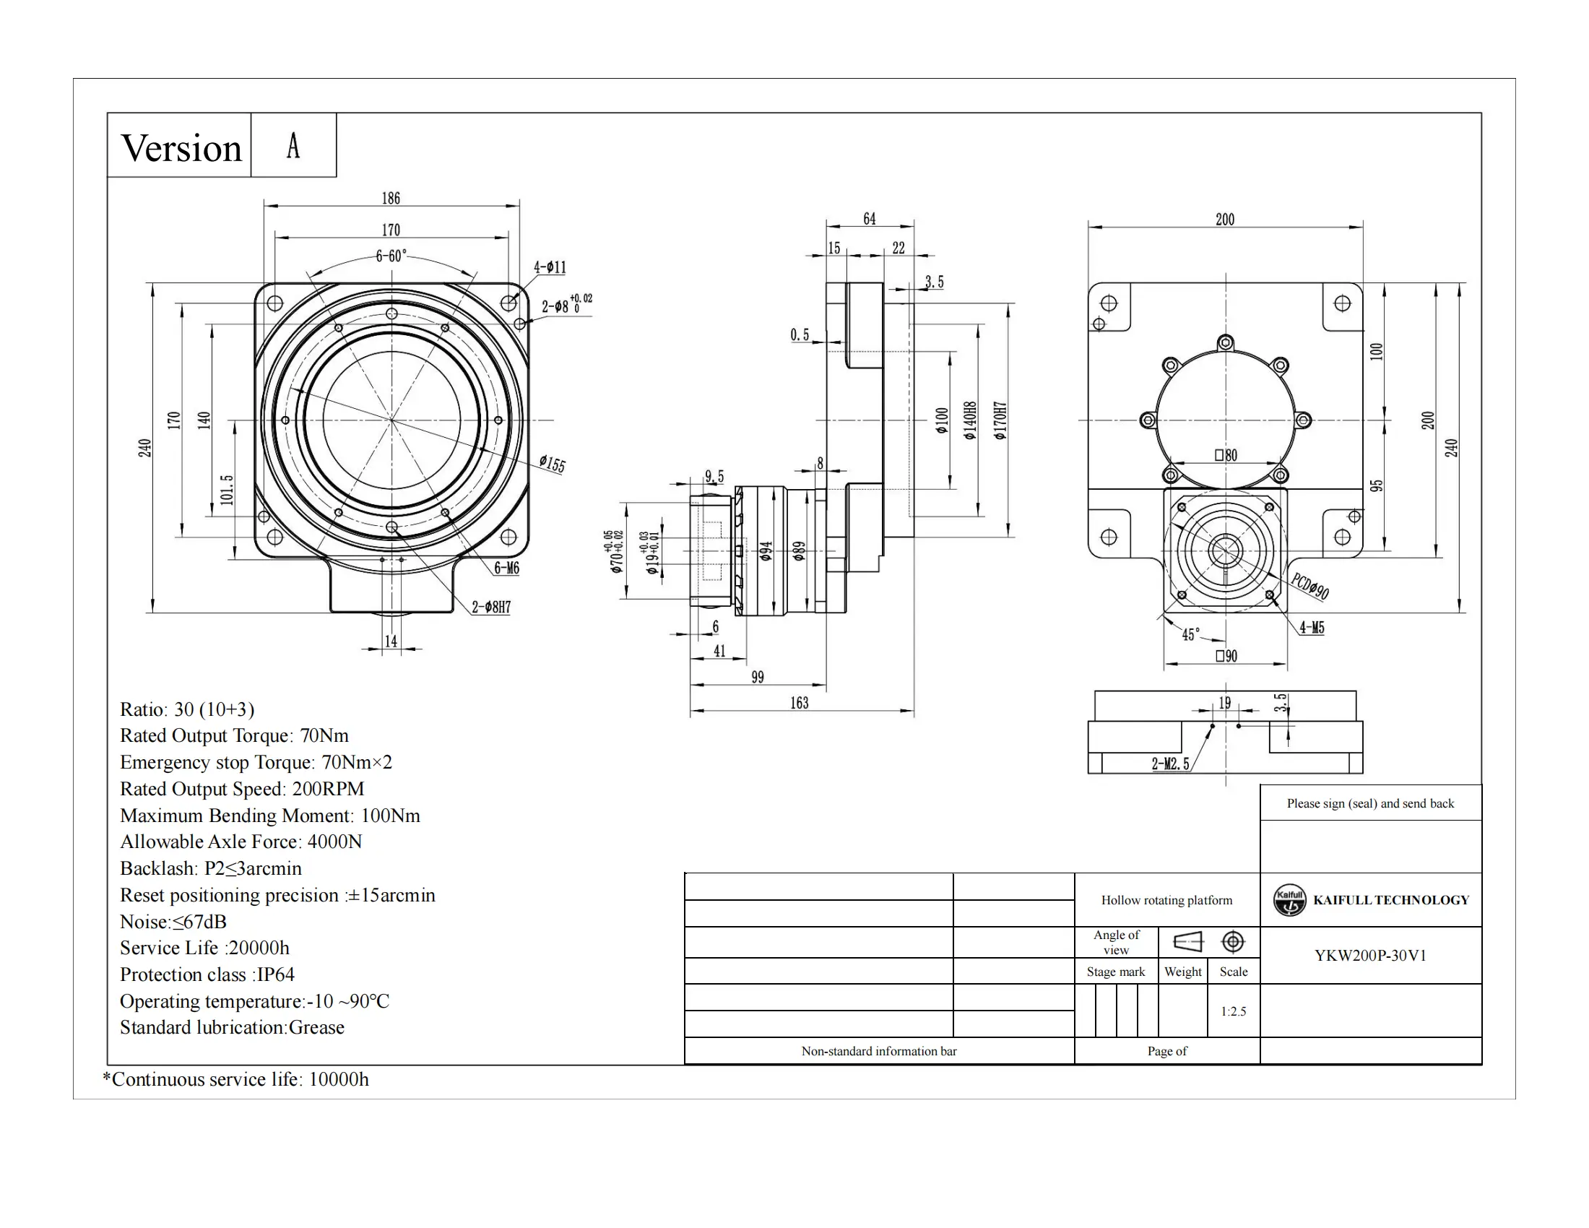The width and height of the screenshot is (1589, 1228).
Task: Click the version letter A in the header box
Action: (x=293, y=145)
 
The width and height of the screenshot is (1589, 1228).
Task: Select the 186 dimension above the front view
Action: (x=391, y=198)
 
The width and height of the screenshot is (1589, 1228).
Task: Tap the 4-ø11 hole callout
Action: (x=550, y=268)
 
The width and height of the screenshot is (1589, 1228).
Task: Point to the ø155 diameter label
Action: (x=553, y=464)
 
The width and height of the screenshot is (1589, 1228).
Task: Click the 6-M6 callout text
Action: (x=506, y=568)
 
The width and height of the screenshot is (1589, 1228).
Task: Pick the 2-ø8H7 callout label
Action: (x=491, y=607)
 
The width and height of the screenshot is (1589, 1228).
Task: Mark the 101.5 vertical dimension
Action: (x=227, y=490)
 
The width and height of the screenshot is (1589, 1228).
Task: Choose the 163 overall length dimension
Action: (x=799, y=703)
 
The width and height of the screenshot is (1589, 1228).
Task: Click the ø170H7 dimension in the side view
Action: (x=1001, y=420)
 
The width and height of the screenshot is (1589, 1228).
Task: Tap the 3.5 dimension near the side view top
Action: (x=934, y=282)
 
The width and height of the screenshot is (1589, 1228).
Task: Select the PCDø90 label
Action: (x=1310, y=586)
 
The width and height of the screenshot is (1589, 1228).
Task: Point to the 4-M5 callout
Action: (x=1312, y=627)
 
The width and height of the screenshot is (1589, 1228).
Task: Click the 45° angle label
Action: (x=1191, y=634)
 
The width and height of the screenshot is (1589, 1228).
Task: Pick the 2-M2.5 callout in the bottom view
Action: (x=1170, y=764)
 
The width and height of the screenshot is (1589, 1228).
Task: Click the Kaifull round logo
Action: (x=1289, y=900)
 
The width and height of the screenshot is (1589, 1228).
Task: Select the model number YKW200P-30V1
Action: (x=1370, y=955)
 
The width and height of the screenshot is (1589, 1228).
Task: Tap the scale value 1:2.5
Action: (x=1233, y=1011)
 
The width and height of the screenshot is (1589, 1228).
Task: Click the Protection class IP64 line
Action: (x=207, y=974)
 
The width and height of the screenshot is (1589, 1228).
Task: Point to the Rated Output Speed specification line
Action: (x=241, y=789)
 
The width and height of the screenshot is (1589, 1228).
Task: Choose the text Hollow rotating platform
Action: (x=1166, y=900)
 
